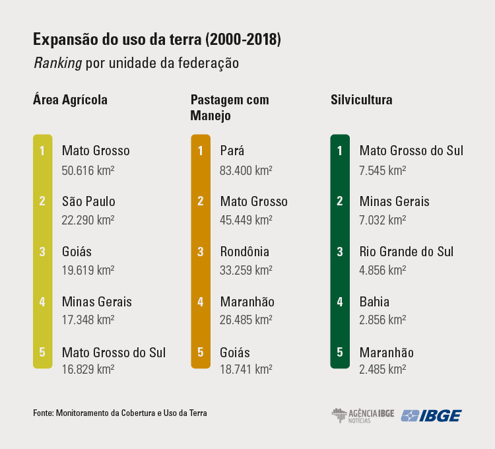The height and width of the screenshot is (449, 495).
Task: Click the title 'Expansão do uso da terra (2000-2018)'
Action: click(x=157, y=40)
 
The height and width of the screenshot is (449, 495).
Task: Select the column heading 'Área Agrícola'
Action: click(x=70, y=100)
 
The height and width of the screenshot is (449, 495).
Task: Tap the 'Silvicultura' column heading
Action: click(x=362, y=100)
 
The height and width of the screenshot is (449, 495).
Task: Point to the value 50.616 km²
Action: click(x=88, y=169)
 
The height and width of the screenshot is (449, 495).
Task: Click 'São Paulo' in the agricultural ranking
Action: click(x=88, y=201)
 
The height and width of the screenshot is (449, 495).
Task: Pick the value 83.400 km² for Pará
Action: click(x=246, y=169)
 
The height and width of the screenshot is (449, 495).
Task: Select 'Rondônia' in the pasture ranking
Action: click(x=245, y=252)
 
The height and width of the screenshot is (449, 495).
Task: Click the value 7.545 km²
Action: click(x=382, y=169)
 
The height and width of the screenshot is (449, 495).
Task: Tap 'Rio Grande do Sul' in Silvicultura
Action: click(x=407, y=252)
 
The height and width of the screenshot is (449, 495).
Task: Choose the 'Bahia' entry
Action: click(x=374, y=302)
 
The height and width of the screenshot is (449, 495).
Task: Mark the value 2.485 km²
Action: click(x=382, y=370)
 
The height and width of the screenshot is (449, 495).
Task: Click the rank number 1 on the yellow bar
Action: click(x=42, y=151)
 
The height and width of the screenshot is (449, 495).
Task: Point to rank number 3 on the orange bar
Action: click(x=201, y=252)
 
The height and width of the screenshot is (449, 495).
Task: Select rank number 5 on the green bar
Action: click(x=340, y=352)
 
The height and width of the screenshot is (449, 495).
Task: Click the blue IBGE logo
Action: click(x=432, y=415)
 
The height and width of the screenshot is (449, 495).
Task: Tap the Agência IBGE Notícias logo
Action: click(x=362, y=415)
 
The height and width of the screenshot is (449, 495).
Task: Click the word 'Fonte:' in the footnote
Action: click(x=43, y=413)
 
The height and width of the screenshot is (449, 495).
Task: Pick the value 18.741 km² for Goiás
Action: click(x=246, y=370)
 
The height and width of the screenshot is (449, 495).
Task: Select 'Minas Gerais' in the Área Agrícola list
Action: click(x=97, y=302)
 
